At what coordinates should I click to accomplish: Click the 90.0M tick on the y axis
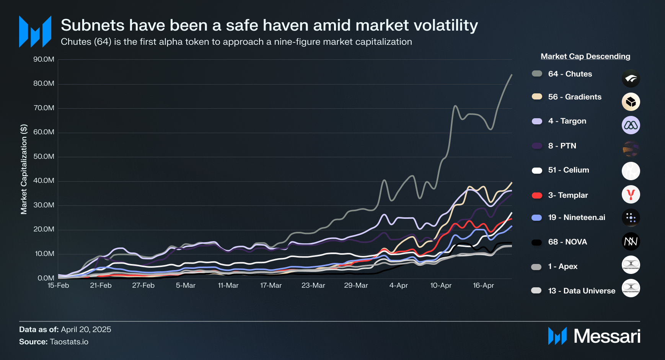point(44,59)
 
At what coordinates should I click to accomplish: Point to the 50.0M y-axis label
point(44,156)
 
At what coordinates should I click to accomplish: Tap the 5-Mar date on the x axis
point(186,285)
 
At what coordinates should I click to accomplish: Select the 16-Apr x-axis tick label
point(483,285)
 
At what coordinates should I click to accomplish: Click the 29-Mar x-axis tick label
point(356,285)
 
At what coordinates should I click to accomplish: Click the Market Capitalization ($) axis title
point(24,169)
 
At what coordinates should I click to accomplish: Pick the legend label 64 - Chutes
point(570,74)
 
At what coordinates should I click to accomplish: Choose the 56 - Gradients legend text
point(574,97)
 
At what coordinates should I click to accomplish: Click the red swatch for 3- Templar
point(537,195)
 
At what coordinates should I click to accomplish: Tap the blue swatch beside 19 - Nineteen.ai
point(537,218)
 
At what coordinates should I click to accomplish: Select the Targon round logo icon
point(631,125)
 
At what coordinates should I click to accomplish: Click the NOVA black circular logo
point(631,241)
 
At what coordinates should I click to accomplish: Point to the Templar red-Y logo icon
point(631,194)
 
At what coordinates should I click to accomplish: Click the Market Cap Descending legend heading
point(585,56)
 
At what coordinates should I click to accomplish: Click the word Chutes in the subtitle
point(76,42)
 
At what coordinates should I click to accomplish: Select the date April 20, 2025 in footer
point(86,329)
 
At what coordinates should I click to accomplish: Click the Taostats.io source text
point(69,342)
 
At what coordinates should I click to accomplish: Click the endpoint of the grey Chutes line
point(512,75)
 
